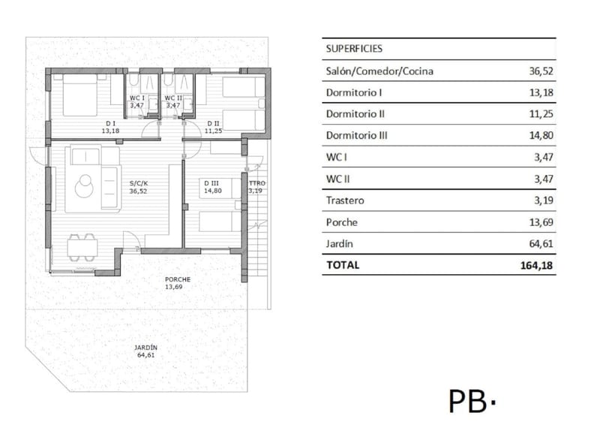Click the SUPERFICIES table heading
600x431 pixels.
click(x=354, y=49)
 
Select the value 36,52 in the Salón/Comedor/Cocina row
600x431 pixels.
click(x=541, y=71)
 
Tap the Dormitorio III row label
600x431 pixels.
click(x=357, y=135)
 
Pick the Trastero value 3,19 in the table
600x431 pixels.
click(x=544, y=200)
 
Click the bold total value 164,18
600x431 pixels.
click(x=536, y=265)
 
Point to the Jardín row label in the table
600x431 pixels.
click(x=340, y=244)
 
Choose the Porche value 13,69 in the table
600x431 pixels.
click(x=541, y=222)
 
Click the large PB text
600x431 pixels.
click(x=467, y=401)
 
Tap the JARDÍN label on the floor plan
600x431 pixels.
click(x=145, y=348)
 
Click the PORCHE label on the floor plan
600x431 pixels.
click(x=178, y=279)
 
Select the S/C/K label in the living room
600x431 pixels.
click(x=139, y=183)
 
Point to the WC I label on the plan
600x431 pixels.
click(x=137, y=98)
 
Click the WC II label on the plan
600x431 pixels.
click(x=173, y=98)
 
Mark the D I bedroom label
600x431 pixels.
click(x=110, y=123)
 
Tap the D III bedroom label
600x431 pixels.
click(x=211, y=183)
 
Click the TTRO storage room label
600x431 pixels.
click(x=257, y=183)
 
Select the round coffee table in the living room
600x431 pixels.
click(x=84, y=186)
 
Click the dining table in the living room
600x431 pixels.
click(x=82, y=248)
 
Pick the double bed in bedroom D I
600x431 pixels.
click(x=80, y=95)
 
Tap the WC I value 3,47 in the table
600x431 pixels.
click(x=544, y=157)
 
